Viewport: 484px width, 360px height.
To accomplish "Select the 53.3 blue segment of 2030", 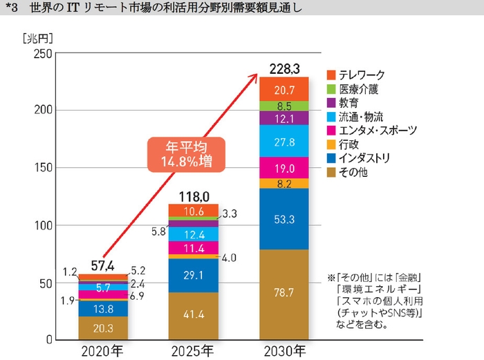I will [283, 219].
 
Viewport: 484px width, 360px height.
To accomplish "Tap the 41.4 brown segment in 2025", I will [194, 316].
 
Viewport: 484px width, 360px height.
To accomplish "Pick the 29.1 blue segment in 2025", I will [194, 276].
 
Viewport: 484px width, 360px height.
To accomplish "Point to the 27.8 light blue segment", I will [283, 141].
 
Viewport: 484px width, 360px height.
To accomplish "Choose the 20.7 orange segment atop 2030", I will [283, 88].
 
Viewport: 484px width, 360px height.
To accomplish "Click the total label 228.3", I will [283, 68].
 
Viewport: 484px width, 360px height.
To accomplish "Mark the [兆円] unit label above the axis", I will [37, 37].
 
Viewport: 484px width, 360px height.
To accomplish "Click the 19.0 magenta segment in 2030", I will [283, 168].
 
